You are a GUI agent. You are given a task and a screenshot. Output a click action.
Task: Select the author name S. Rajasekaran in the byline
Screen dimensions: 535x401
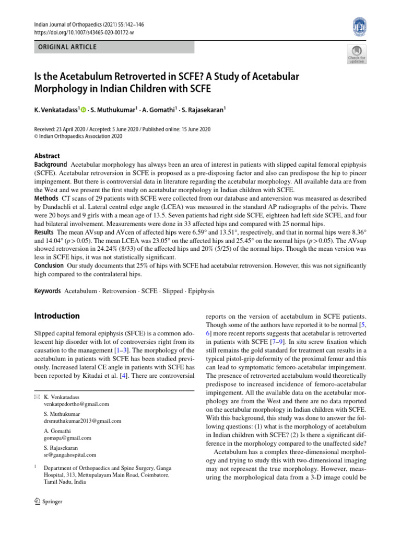coord(204,109)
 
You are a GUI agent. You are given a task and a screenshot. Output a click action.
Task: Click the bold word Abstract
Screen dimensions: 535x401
coord(47,156)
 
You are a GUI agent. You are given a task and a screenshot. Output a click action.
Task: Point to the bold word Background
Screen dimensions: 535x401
coord(51,165)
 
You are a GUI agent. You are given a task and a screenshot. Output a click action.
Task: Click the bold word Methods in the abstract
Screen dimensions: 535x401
coord(46,199)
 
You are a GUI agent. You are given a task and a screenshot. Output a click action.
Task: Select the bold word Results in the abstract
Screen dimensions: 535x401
coord(44,232)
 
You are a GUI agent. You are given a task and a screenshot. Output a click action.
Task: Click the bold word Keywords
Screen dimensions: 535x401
coord(48,290)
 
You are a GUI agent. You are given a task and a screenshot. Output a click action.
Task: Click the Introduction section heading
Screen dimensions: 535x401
coord(57,316)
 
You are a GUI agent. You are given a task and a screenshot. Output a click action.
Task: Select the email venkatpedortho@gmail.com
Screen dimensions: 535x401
coord(77,404)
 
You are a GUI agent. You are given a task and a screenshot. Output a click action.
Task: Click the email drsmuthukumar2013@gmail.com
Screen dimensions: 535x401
coord(82,421)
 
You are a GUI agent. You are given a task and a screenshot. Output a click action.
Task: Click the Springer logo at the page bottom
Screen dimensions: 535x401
coord(48,502)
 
